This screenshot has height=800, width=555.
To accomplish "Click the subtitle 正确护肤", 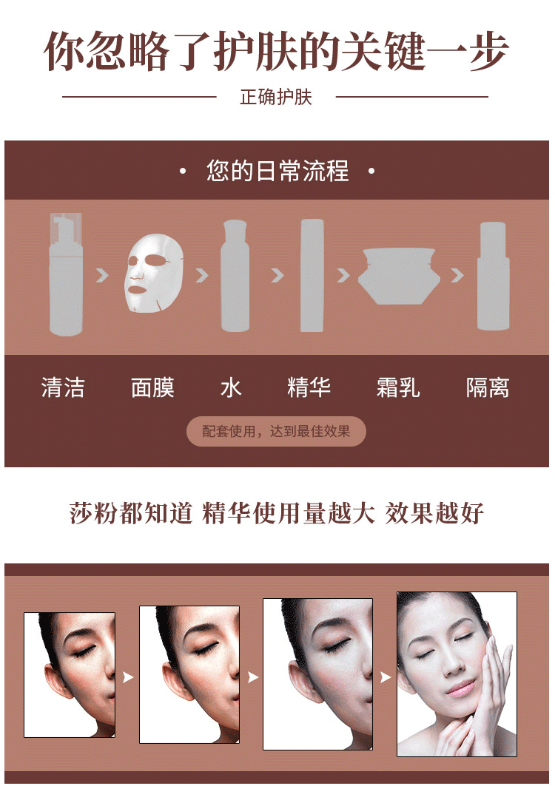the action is [x=276, y=97].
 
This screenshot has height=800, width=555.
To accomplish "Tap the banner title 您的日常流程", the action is [x=277, y=171].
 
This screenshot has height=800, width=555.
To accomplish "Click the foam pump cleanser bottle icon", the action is [x=65, y=274].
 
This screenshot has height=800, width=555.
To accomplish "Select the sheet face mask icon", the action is [x=154, y=273].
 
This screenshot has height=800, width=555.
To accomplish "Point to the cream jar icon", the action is [x=399, y=276].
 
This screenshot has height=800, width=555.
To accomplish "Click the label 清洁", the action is [x=63, y=387].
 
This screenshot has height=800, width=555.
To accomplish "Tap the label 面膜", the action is [x=152, y=387].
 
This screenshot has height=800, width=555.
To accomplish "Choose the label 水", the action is [x=231, y=387].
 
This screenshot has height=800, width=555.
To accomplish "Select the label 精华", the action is [x=309, y=387].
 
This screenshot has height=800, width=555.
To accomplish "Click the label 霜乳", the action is [x=398, y=387].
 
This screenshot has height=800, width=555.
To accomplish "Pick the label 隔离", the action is [x=488, y=387].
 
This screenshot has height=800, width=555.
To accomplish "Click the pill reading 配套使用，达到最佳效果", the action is [x=276, y=432].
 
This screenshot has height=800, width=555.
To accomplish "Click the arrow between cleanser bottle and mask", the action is [x=103, y=276].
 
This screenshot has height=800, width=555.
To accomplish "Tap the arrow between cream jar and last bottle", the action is [x=457, y=276].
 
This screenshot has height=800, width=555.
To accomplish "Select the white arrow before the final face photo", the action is [x=386, y=677].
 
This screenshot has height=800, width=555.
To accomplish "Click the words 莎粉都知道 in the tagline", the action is [x=131, y=513].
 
